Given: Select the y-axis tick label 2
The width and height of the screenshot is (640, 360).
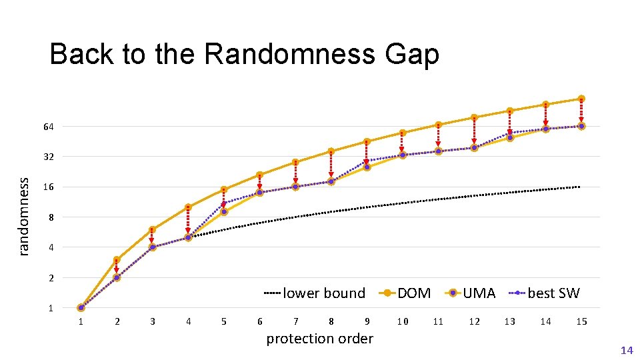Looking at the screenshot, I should coord(51,278).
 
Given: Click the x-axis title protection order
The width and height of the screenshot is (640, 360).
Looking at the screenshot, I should coord(319,339).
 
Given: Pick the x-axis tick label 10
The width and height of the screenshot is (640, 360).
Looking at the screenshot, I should coord(403,322).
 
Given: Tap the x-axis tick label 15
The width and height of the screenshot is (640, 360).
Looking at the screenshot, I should coord(581,322).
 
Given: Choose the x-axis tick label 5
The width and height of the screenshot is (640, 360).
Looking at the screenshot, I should coord(224,322).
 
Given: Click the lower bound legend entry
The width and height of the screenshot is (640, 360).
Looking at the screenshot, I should coord(315,293).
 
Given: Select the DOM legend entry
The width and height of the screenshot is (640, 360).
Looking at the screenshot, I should coord(405,293).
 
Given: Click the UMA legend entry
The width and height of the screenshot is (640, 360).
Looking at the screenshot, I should coord(470,293).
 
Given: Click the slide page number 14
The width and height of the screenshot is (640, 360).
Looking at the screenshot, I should coord(626,350).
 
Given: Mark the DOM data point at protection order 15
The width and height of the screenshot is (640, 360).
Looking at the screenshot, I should coord(581,99).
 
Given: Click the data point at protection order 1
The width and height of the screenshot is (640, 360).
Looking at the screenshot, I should coord(81,308).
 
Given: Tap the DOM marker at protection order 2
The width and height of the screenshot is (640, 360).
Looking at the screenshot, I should coord(117,260).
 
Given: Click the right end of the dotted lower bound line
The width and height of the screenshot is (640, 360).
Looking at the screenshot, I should coord(579,187).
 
